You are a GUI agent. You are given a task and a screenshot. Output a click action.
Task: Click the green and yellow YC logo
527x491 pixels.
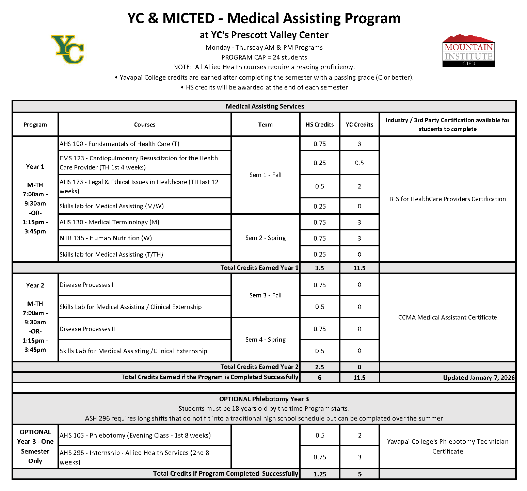tap(68, 49)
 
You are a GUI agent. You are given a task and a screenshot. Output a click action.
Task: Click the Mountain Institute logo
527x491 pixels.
tap(468, 51)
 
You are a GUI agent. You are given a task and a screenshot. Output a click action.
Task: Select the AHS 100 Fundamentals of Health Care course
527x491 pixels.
tap(119, 144)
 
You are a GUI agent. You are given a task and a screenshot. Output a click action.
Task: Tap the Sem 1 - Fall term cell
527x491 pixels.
tap(265, 175)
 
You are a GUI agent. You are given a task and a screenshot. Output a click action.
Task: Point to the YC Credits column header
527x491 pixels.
tap(359, 125)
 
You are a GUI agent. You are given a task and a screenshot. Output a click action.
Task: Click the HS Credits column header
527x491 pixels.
tap(319, 125)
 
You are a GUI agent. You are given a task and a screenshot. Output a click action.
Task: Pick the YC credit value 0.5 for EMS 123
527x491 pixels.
tap(359, 163)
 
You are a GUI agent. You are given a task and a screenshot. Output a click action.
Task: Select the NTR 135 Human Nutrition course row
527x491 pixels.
tap(106, 238)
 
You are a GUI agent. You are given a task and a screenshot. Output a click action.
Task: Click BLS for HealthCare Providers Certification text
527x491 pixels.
tap(447, 199)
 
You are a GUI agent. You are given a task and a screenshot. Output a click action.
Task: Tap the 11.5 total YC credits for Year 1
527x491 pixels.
tap(359, 268)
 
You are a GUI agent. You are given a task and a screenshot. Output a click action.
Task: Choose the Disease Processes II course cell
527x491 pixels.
tap(87, 329)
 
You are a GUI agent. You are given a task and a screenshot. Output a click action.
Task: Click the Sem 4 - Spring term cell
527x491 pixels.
tap(265, 340)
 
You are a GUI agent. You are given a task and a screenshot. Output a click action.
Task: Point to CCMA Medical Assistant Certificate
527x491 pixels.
tap(447, 317)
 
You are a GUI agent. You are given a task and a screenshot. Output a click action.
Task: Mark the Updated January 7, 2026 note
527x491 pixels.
tap(478, 378)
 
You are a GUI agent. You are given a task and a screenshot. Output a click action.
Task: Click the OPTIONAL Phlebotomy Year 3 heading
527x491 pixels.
tap(264, 399)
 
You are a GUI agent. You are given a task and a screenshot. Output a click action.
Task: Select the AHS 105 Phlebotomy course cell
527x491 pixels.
tap(135, 436)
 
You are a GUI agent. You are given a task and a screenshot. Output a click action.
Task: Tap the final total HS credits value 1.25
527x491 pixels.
tap(320, 474)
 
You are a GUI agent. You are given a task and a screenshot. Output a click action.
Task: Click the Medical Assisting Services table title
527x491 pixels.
tap(265, 107)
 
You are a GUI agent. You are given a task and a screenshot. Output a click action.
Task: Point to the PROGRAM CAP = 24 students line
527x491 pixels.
tap(264, 58)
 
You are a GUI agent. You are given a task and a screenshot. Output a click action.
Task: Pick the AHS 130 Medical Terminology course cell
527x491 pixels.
tap(110, 222)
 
